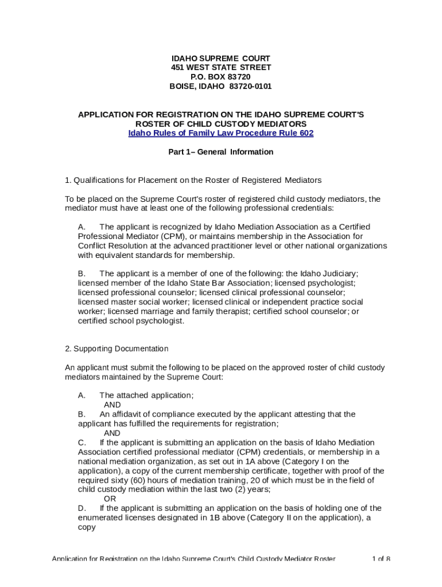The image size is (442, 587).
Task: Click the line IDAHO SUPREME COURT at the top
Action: (220, 58)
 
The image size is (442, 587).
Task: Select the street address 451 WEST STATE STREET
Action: (220, 68)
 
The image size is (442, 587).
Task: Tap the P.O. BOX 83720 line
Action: (220, 77)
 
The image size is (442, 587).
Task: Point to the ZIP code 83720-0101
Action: (250, 87)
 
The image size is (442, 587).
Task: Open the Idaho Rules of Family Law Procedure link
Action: (220, 133)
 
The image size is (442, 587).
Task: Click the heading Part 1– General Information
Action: (220, 152)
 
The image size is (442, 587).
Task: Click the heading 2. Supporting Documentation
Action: (117, 349)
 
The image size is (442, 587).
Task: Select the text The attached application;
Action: (146, 395)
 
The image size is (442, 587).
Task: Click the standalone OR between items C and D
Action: (109, 499)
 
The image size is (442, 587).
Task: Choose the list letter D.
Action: (82, 508)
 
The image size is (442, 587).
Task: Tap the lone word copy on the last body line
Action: (87, 527)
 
